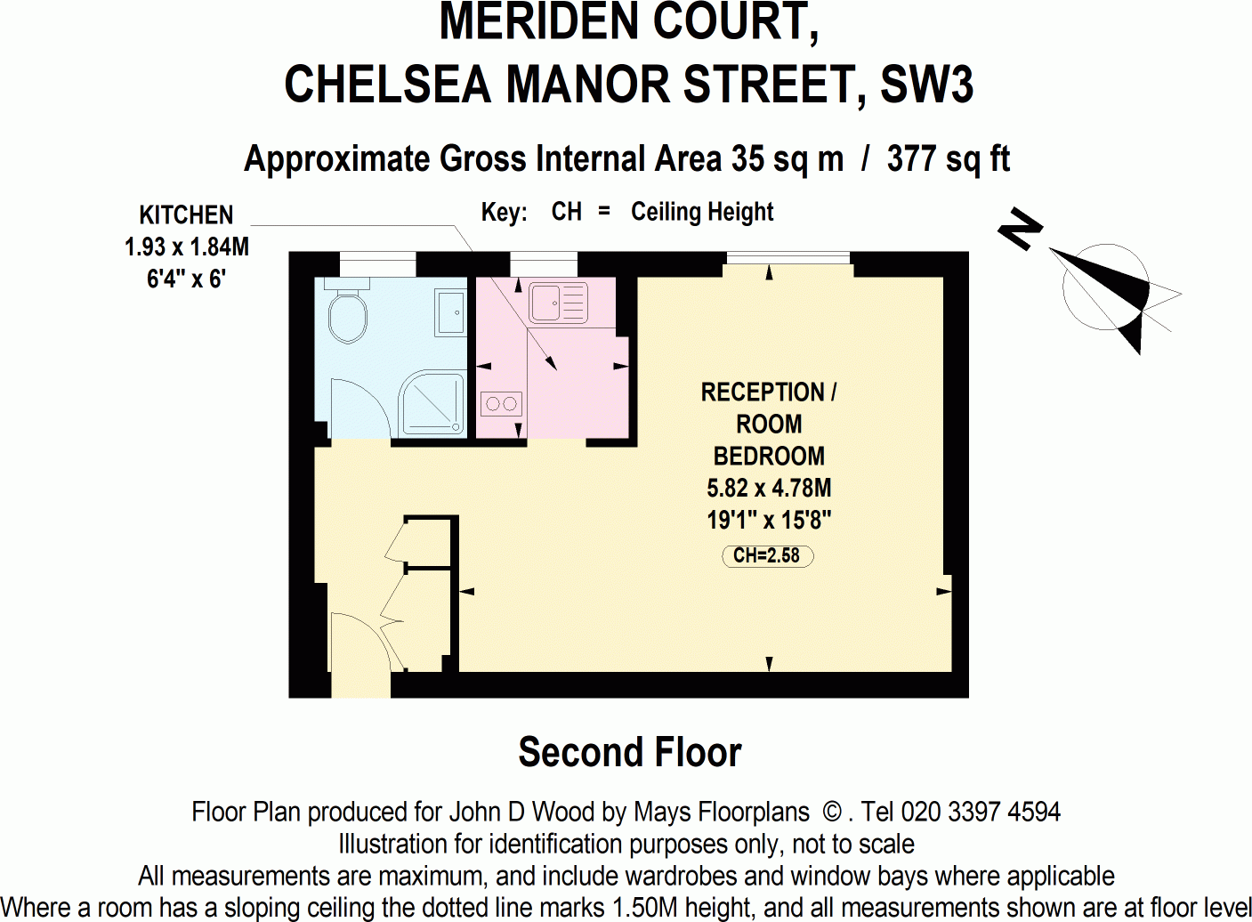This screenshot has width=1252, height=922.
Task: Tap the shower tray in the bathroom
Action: (432, 404)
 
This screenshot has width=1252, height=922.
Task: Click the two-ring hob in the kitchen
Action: (501, 404)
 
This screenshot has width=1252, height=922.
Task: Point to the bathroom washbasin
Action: (451, 313)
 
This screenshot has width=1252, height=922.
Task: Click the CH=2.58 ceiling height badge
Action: (767, 556)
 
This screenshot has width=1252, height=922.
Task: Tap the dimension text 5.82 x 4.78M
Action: (769, 489)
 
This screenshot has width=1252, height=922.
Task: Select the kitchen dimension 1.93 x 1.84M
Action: (187, 247)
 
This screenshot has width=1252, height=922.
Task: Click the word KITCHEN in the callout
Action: (186, 215)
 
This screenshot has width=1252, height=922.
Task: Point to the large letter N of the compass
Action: (1020, 230)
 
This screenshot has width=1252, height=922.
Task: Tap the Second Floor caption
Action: (629, 753)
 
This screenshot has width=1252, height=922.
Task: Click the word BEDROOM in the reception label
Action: (769, 457)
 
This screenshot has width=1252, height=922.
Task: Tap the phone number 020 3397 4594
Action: (981, 812)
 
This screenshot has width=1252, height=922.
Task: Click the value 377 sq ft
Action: (948, 159)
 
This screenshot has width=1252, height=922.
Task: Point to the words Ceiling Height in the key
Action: (702, 212)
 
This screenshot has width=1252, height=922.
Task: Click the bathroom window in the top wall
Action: (378, 263)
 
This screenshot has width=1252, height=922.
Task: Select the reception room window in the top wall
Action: (788, 259)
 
